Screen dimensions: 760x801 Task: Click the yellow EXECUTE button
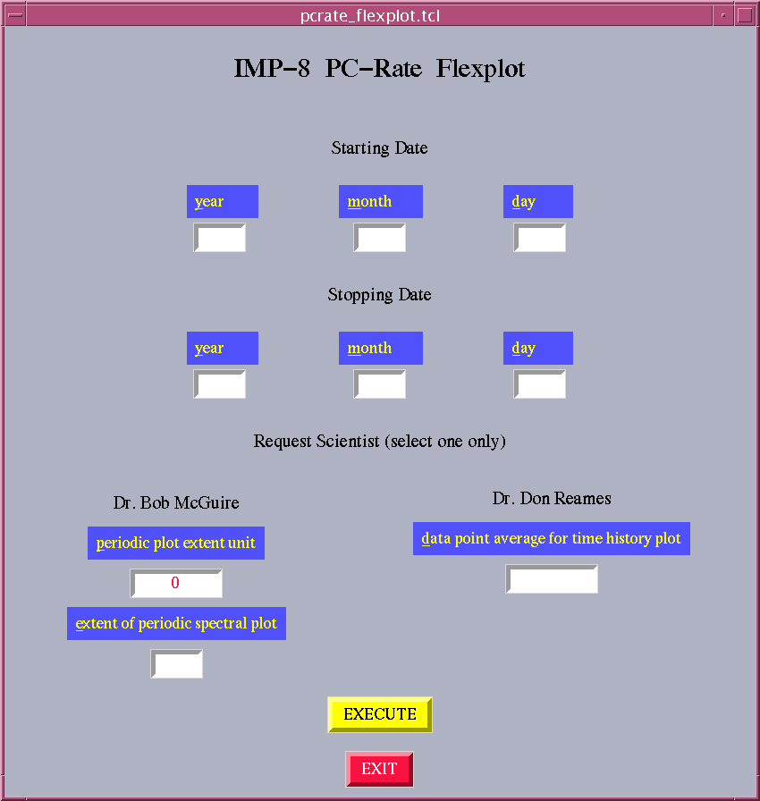click(x=380, y=714)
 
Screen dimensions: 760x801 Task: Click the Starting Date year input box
click(x=220, y=238)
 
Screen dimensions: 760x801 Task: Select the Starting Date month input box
click(x=379, y=238)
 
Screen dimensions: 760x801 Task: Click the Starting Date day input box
click(x=539, y=238)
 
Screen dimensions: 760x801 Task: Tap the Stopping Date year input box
click(x=220, y=384)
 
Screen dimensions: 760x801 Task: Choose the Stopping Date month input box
click(x=379, y=384)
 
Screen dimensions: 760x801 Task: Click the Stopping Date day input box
click(x=539, y=384)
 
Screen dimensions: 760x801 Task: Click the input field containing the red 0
click(x=176, y=583)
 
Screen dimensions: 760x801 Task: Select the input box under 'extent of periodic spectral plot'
click(x=177, y=663)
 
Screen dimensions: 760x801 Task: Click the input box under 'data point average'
click(x=552, y=578)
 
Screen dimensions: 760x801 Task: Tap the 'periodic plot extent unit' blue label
click(x=176, y=543)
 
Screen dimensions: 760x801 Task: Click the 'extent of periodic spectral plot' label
click(x=176, y=623)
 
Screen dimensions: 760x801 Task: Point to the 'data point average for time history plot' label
click(x=552, y=538)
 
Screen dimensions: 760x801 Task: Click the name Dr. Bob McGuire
click(x=176, y=502)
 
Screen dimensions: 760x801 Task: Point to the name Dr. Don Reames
click(x=552, y=498)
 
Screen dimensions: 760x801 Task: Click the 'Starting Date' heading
click(x=379, y=148)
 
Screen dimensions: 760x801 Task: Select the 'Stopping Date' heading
click(x=379, y=295)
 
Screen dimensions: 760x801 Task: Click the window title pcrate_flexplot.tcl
click(x=370, y=16)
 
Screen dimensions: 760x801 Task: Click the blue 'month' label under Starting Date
click(x=381, y=201)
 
